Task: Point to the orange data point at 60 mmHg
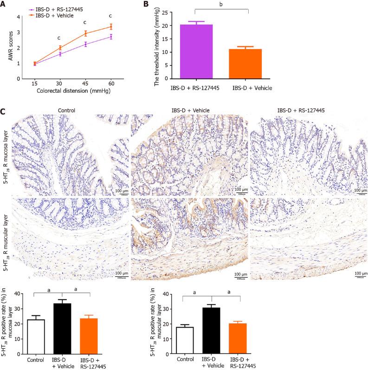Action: pos(110,27)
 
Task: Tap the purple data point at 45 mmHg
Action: pos(85,44)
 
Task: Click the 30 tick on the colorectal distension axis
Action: pos(60,83)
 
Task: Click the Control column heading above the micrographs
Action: pos(65,110)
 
